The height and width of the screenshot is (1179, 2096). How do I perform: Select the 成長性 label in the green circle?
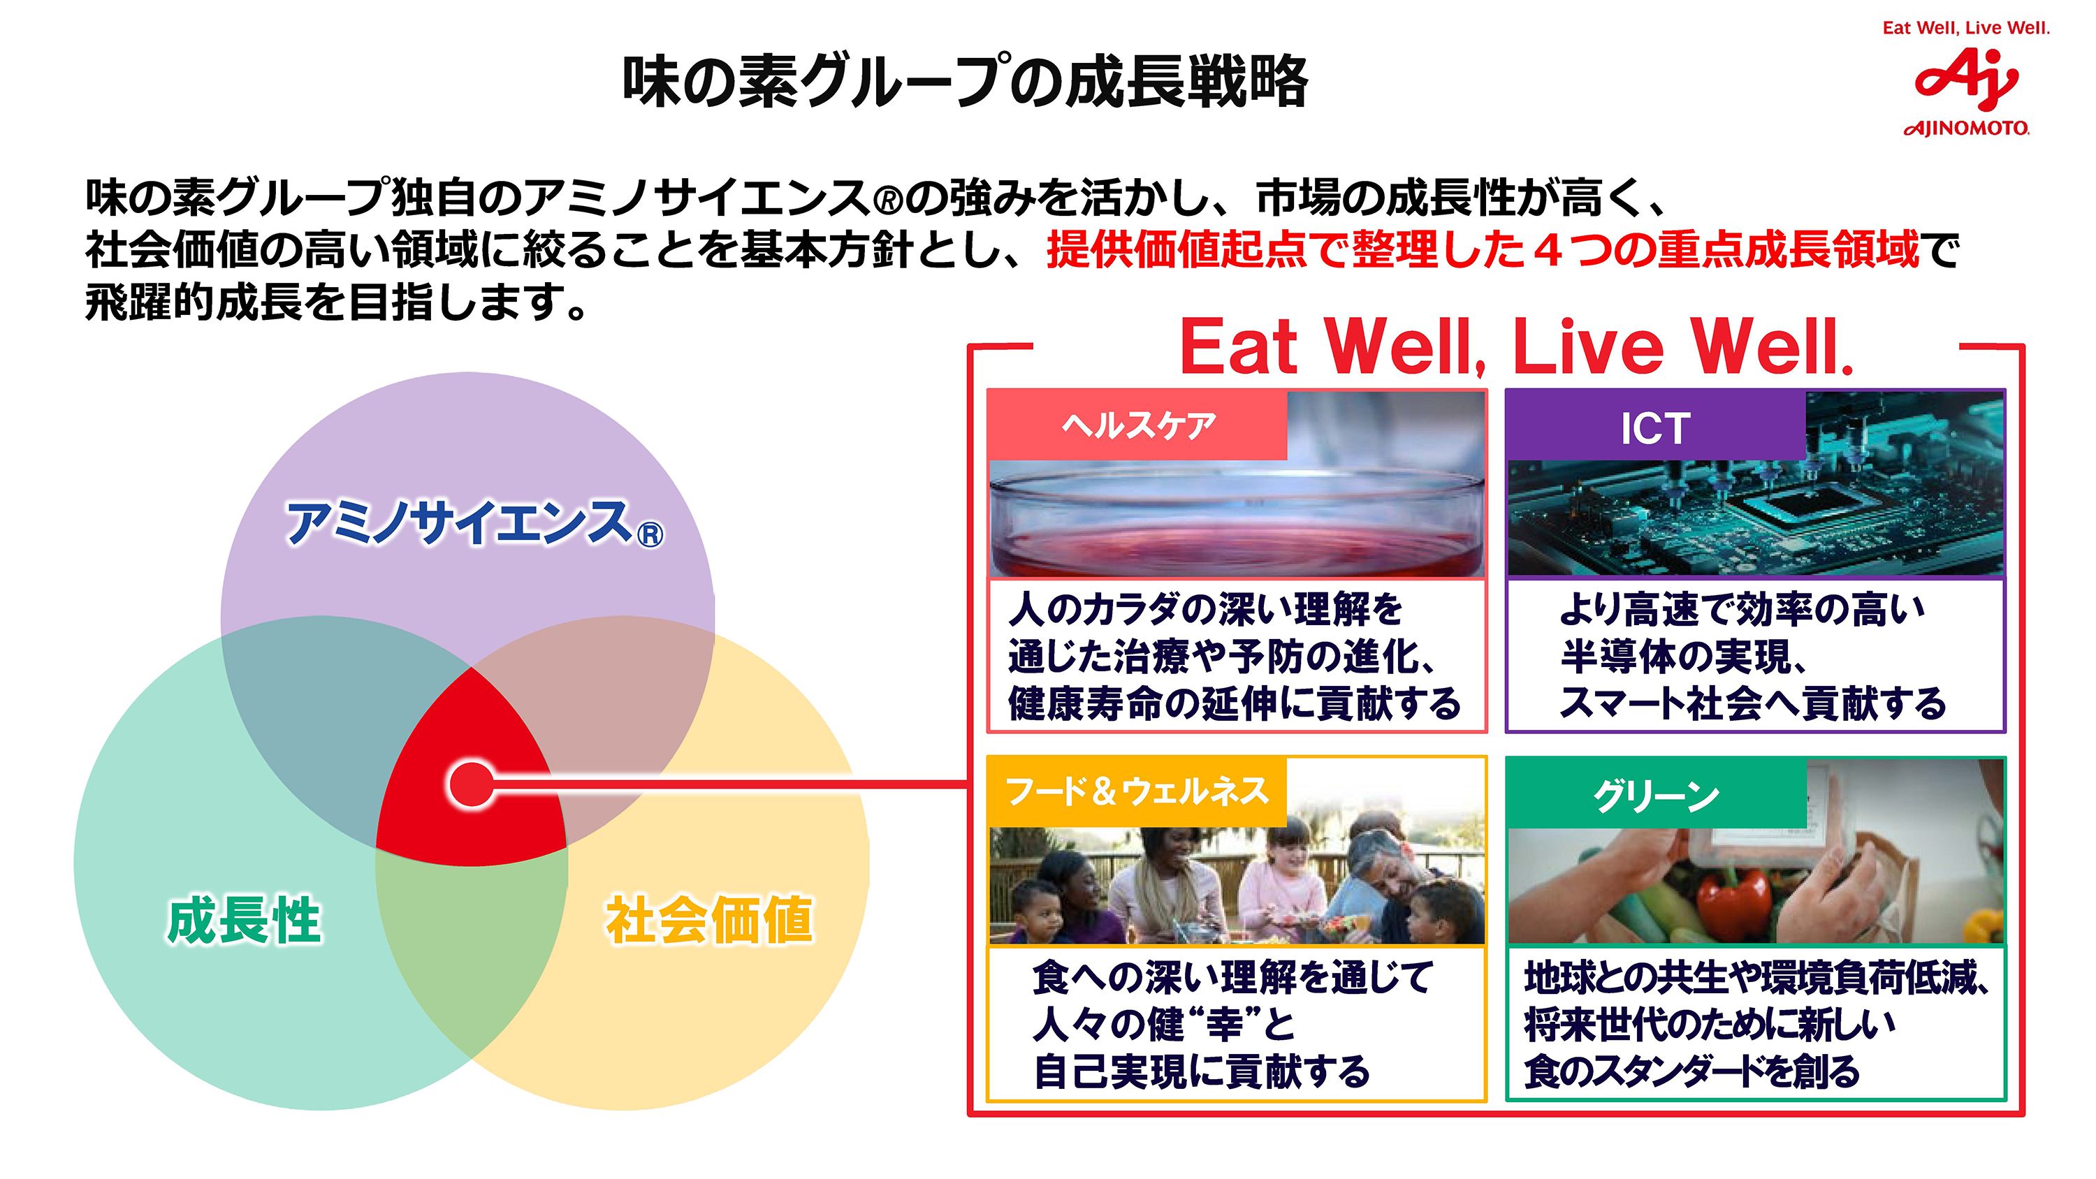(244, 921)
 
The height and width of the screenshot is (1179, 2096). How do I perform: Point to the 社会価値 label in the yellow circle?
(708, 921)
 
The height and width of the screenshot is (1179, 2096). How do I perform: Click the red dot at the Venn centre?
(470, 784)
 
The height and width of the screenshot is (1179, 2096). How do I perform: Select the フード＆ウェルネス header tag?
(1137, 791)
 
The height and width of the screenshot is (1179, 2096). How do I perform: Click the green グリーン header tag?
(1656, 795)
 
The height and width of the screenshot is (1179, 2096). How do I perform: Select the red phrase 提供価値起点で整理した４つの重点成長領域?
(1483, 250)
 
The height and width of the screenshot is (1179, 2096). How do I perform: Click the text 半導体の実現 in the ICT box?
(1676, 657)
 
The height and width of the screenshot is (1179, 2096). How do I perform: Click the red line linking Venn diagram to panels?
(732, 785)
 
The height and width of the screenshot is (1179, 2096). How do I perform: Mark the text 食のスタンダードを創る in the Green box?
(1691, 1071)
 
